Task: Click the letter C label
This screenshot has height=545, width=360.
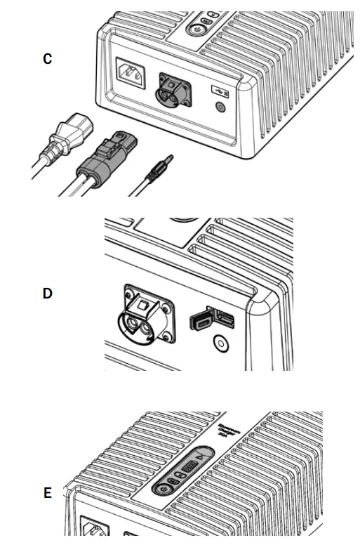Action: click(x=47, y=59)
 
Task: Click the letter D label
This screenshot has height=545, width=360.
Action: click(x=47, y=293)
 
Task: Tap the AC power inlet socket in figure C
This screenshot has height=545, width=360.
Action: click(x=129, y=72)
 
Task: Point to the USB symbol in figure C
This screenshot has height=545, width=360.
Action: click(x=219, y=91)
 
